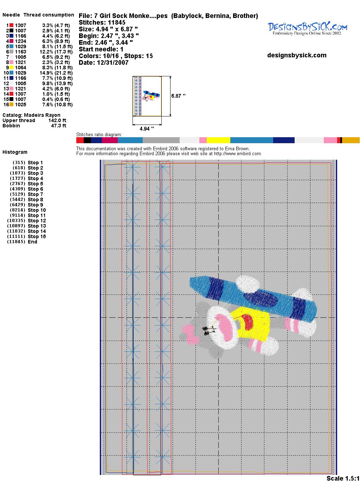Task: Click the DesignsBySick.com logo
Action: click(307, 28)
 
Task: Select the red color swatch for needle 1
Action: click(11, 25)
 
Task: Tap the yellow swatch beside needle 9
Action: click(11, 68)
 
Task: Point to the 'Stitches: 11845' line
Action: click(102, 23)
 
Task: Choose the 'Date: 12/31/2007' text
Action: click(104, 63)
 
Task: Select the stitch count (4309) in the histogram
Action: click(18, 189)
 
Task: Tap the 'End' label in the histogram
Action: click(32, 242)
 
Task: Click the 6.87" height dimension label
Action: click(178, 96)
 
